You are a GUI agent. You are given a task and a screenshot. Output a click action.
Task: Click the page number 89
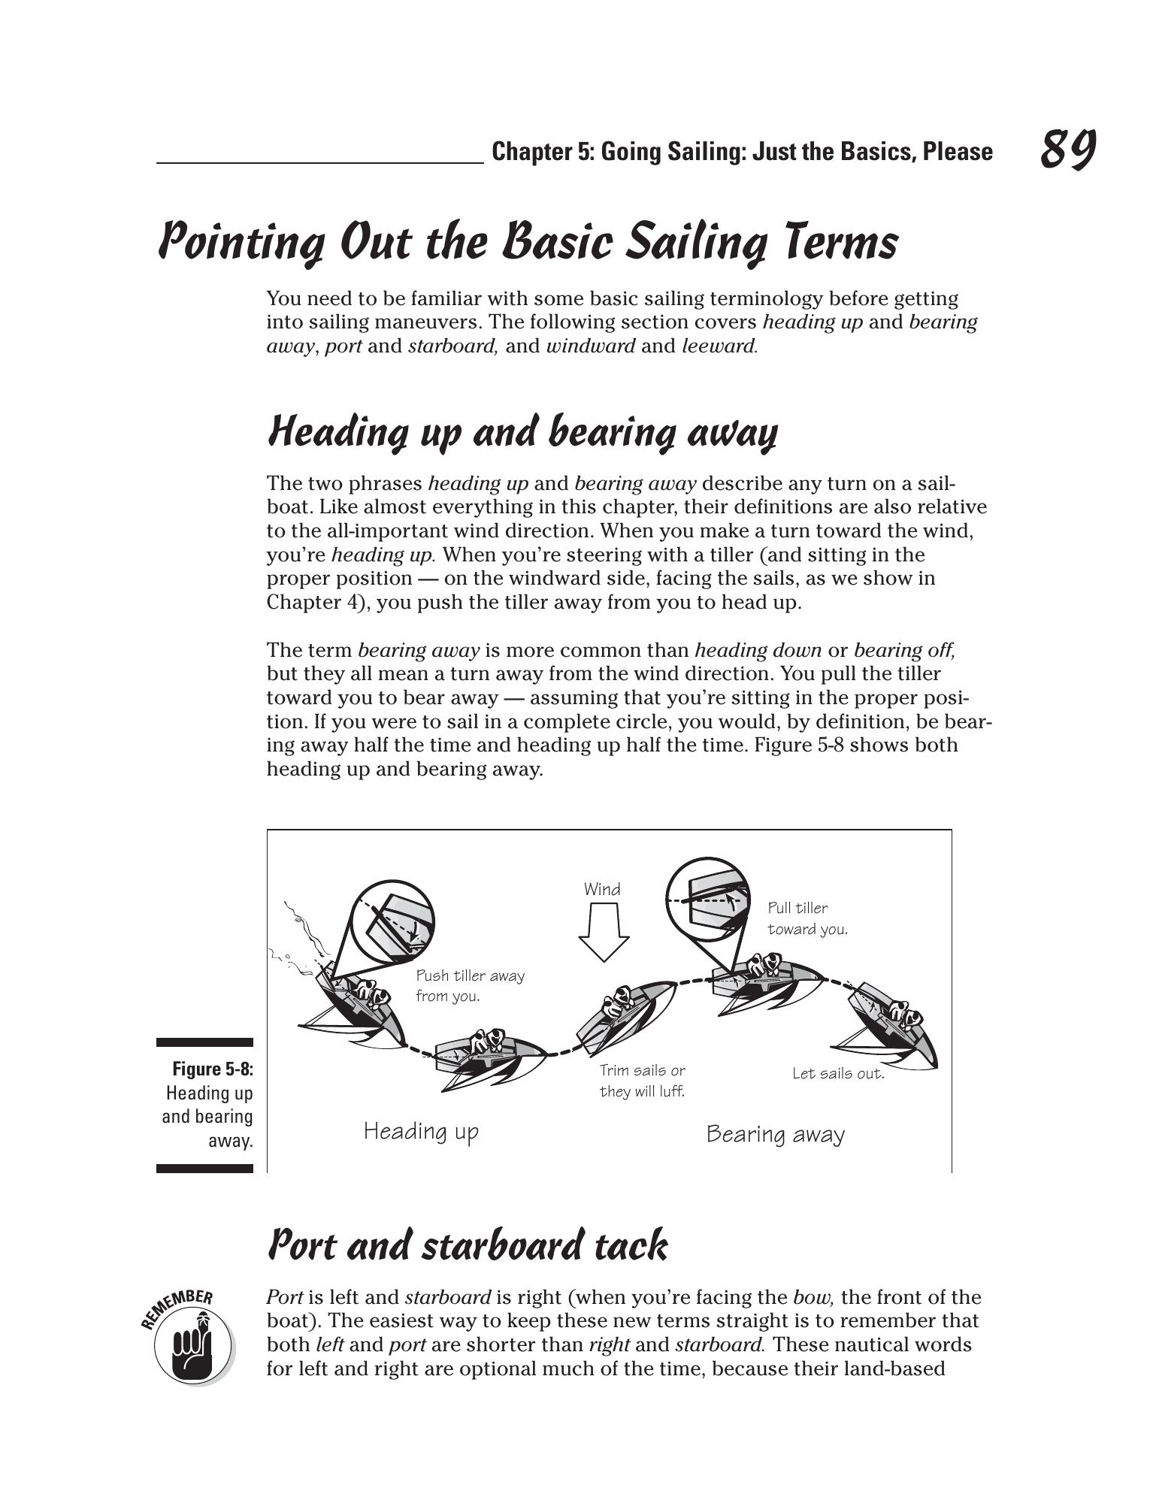pos(1067,149)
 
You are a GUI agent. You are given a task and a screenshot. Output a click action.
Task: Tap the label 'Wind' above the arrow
pos(602,889)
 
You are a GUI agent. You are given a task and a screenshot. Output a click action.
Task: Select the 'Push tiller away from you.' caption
pos(470,985)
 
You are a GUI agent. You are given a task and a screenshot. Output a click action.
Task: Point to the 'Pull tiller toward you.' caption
pos(807,918)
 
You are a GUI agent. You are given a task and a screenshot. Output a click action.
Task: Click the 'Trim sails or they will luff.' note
pos(642,1080)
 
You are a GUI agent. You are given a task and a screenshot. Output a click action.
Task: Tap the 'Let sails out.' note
pos(838,1073)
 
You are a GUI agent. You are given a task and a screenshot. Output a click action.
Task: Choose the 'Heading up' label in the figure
pos(421,1131)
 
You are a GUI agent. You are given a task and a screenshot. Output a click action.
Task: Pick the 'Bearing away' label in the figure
pos(775,1134)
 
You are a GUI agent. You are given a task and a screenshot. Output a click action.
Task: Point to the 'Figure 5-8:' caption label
pos(213,1069)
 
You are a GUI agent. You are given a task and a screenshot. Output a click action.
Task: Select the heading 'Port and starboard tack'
pos(467,1245)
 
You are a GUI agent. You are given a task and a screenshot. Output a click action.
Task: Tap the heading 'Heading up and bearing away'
pos(522,432)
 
